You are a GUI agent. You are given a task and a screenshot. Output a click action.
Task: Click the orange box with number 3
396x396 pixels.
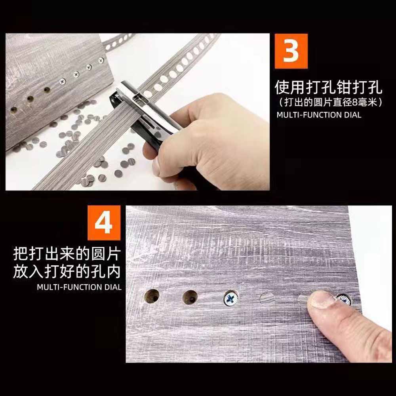tap(291, 51)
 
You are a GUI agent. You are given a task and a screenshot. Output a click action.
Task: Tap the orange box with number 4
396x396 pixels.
tap(104, 223)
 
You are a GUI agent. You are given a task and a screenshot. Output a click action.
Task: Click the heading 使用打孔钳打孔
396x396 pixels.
tap(328, 88)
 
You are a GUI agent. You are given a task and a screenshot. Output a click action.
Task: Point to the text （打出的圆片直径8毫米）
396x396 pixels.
tap(330, 102)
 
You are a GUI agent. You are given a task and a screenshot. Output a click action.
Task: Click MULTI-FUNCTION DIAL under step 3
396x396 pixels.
tap(319, 115)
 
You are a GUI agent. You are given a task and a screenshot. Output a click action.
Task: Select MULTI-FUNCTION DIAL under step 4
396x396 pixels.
tap(79, 287)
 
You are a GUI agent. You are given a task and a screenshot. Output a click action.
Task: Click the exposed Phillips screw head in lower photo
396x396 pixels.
tap(231, 298)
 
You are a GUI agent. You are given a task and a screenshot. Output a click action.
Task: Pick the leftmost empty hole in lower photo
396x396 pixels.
tap(152, 296)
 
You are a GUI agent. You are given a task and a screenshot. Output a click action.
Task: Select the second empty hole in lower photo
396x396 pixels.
tap(190, 297)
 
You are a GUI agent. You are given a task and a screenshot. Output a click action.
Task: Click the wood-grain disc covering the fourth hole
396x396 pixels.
tap(267, 299)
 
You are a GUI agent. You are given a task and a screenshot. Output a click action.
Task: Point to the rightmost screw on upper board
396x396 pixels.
tap(101, 60)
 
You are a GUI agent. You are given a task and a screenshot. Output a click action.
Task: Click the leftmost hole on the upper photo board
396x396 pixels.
tap(14, 110)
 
